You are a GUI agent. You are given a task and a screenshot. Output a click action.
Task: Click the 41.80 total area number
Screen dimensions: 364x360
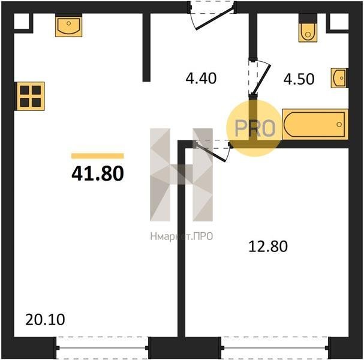[x=98, y=174]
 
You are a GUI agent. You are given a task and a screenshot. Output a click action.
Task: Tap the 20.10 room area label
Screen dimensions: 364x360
[x=45, y=320]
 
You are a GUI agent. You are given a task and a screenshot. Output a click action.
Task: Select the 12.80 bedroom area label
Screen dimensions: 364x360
[x=268, y=247]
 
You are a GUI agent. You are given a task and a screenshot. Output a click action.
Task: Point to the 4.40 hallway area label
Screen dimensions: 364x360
[x=201, y=78]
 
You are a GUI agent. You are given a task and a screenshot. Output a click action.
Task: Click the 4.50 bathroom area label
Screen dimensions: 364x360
[x=299, y=79]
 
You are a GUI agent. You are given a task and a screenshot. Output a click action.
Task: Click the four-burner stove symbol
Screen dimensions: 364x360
[x=30, y=96]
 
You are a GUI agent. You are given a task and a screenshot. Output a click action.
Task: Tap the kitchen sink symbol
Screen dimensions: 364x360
[x=69, y=26]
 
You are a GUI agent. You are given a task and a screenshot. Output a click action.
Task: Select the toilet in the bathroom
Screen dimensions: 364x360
[x=308, y=28]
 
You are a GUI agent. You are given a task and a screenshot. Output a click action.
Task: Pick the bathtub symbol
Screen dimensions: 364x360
[x=315, y=124]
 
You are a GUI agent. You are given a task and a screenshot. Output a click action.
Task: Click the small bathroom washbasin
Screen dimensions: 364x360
[x=339, y=78]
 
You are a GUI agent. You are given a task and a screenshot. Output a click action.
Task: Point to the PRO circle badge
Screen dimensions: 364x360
[x=255, y=128]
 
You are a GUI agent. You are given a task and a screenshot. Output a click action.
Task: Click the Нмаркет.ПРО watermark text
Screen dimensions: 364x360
[x=182, y=236]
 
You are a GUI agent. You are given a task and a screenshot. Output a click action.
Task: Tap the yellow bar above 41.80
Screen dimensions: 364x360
[x=98, y=156]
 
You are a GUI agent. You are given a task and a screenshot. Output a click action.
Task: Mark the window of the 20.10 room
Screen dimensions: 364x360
[x=103, y=347]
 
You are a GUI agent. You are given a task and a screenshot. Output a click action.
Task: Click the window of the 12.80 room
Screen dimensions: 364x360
[x=275, y=347]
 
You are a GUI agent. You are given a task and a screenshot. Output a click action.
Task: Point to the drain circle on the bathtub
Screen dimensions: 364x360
[x=339, y=124]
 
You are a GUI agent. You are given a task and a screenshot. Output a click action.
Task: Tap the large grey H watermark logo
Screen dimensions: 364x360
[x=181, y=175]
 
